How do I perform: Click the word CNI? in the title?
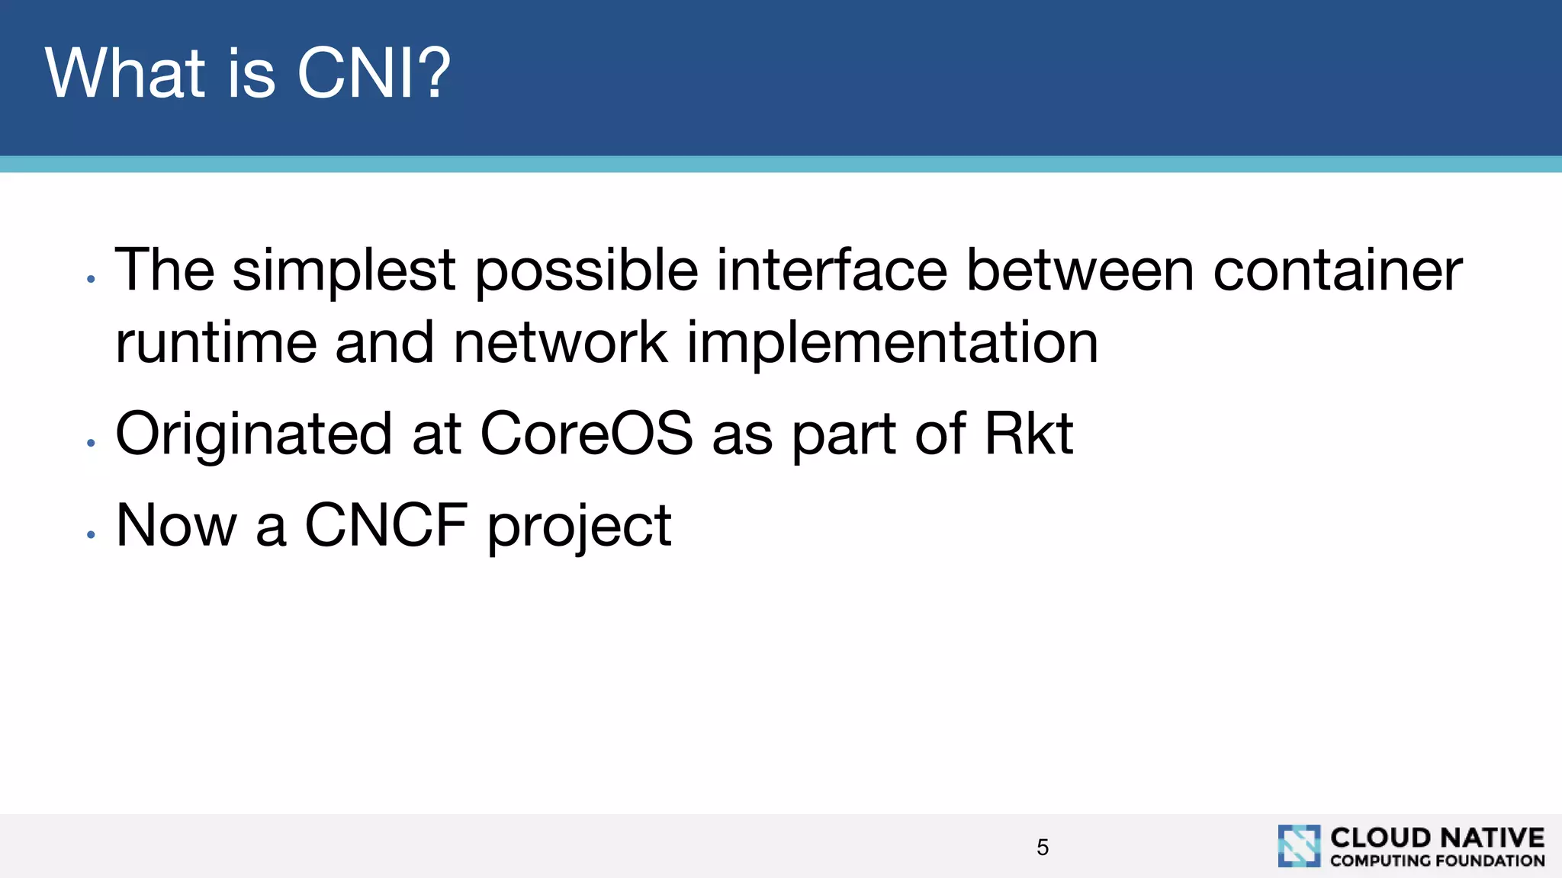click(374, 73)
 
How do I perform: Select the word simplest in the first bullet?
click(343, 271)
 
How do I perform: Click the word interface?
click(831, 270)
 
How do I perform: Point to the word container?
click(1337, 270)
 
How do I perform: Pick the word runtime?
click(216, 343)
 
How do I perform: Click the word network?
click(561, 343)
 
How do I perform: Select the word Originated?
click(253, 434)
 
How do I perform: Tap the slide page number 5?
click(1043, 847)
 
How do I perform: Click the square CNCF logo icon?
click(1299, 846)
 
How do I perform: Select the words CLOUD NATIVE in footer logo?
click(1437, 838)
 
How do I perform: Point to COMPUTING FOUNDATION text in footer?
click(1437, 860)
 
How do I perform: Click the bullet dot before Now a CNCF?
click(91, 534)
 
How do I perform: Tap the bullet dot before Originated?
click(91, 443)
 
